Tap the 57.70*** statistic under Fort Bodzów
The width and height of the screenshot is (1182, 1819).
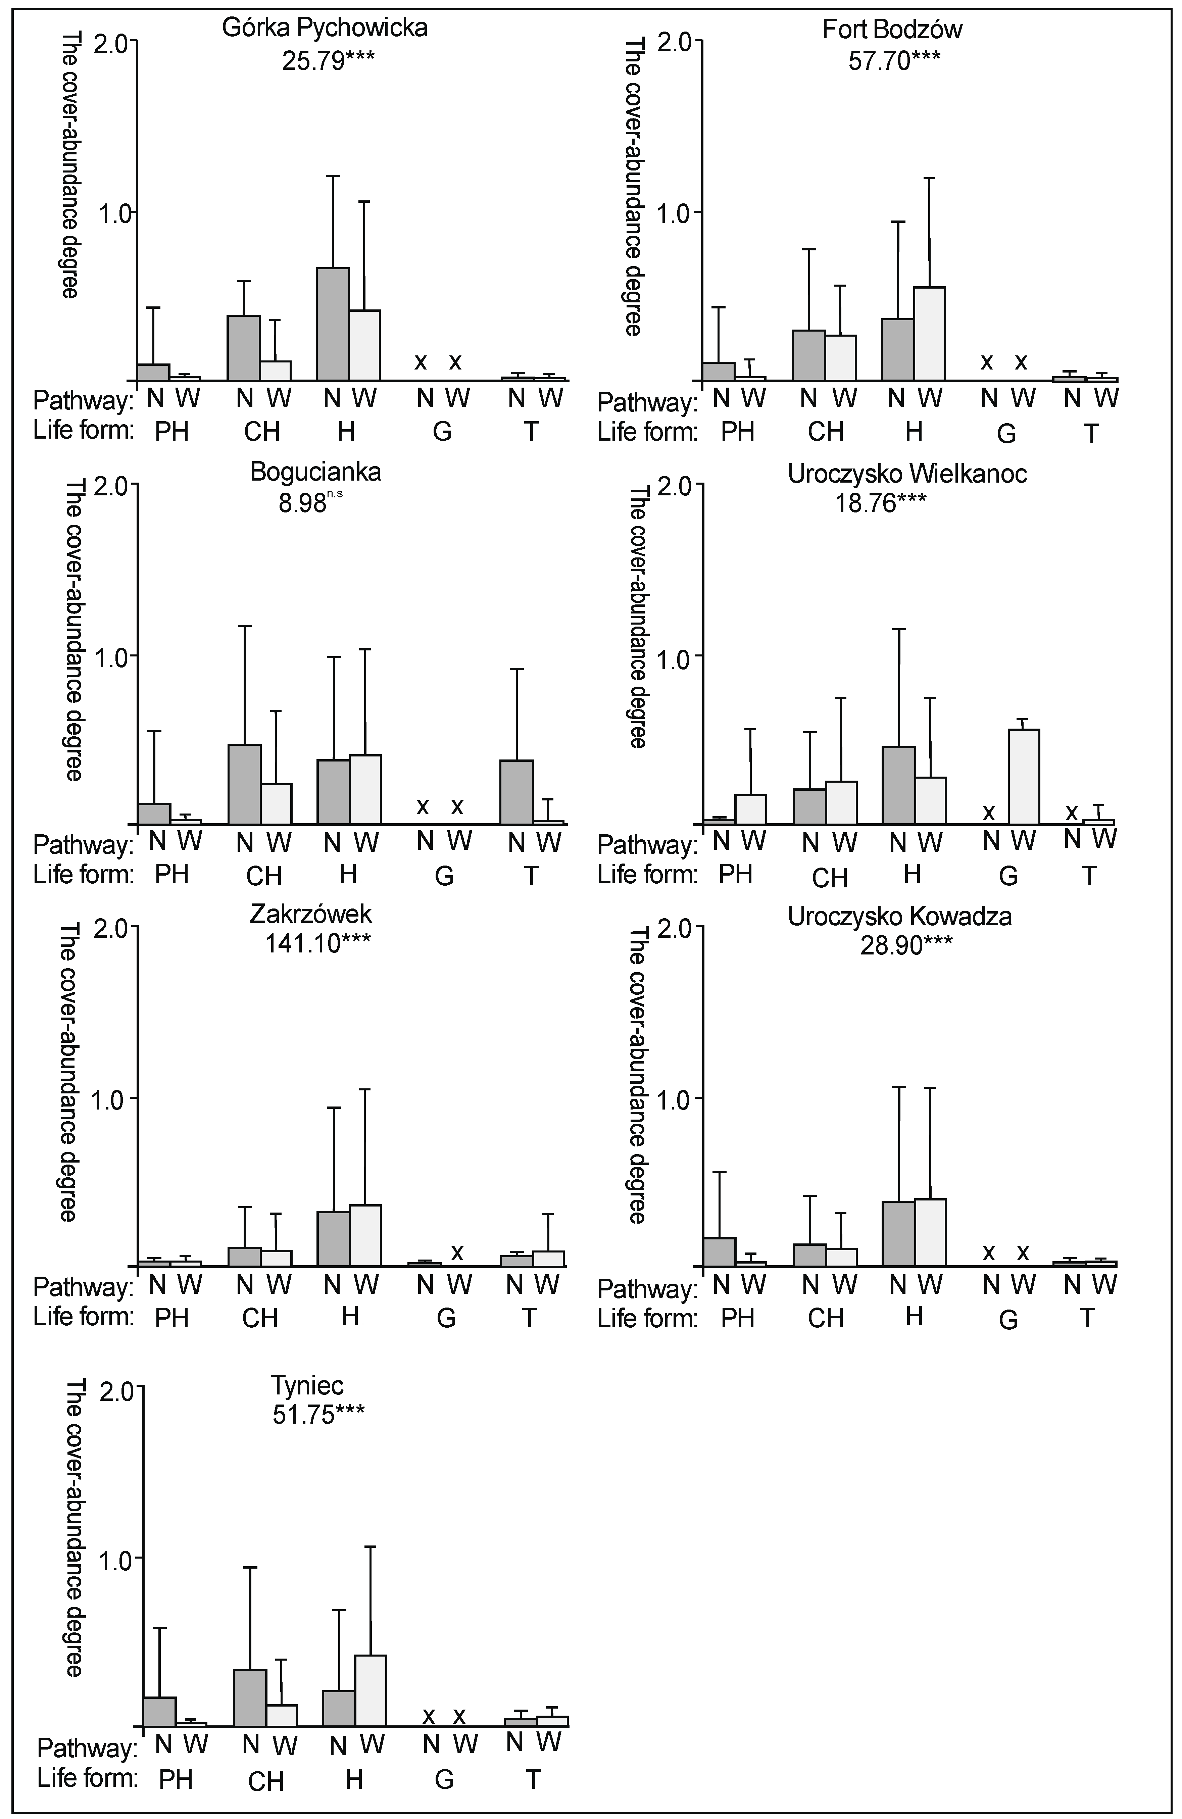[x=894, y=60]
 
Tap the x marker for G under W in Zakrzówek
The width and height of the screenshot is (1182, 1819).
[x=458, y=1252]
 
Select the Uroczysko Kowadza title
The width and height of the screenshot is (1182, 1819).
[x=899, y=916]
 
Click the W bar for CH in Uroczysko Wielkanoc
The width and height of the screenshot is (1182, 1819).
[x=841, y=802]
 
